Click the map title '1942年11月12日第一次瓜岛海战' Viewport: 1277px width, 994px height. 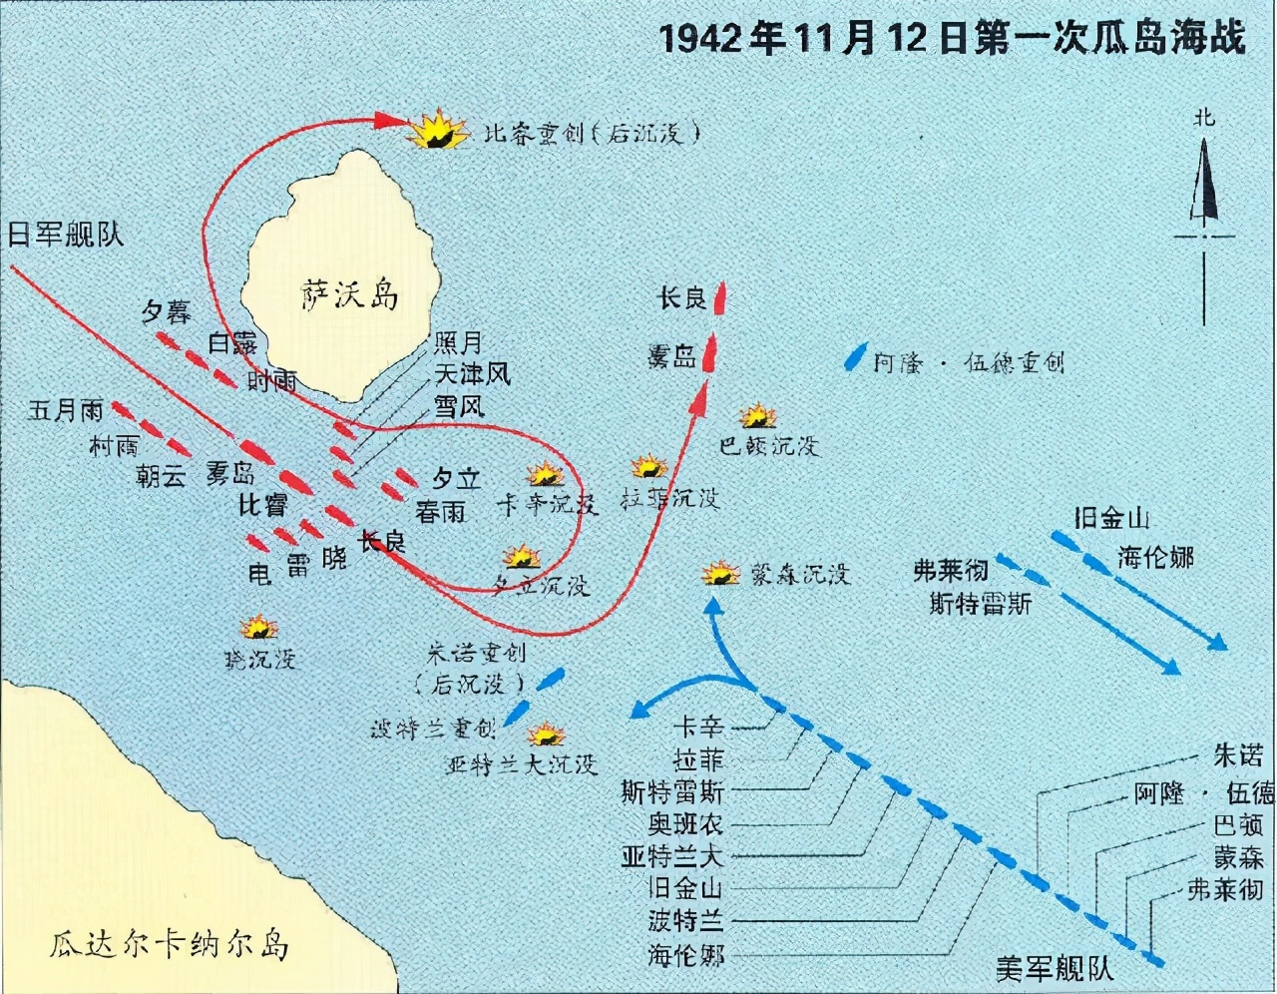[x=952, y=39]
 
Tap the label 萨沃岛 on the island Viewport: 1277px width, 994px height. [x=350, y=296]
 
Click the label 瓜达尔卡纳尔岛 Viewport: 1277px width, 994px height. [x=170, y=943]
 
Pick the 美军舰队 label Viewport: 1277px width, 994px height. [x=1054, y=967]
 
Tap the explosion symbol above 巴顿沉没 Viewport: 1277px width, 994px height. [x=758, y=415]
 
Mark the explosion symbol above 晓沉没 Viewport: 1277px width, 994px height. [x=259, y=627]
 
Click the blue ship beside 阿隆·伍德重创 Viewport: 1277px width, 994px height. [x=854, y=357]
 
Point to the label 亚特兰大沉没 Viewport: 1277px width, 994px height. [x=521, y=764]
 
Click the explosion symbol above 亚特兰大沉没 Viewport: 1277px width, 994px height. [x=546, y=736]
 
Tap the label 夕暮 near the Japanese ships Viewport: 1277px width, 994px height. [x=166, y=312]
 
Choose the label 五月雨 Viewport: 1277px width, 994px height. [x=66, y=410]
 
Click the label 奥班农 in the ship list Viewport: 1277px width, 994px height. [x=684, y=824]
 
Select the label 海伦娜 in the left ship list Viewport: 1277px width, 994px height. [x=684, y=954]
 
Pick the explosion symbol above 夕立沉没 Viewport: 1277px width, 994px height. [x=521, y=557]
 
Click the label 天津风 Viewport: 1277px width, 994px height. [x=472, y=374]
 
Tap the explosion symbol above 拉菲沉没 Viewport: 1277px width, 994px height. [x=648, y=466]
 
